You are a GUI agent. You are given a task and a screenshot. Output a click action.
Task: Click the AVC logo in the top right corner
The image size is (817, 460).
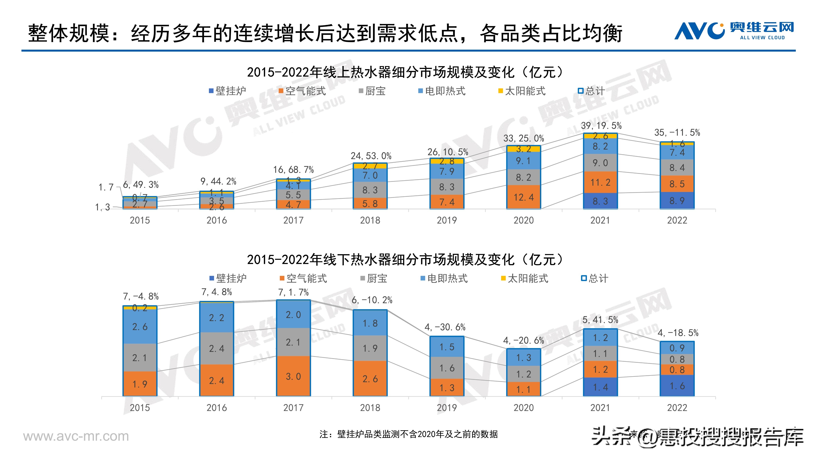tap(734, 31)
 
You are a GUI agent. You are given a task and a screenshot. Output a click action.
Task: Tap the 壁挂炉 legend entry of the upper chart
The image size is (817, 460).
tap(227, 91)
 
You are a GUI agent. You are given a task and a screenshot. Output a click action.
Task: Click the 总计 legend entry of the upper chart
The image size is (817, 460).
tap(591, 91)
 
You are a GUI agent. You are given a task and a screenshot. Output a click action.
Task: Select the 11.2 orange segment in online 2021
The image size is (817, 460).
tap(600, 182)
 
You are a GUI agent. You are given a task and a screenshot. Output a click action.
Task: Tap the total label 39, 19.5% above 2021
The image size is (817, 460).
tap(601, 126)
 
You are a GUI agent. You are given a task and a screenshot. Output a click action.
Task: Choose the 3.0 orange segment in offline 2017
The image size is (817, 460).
tap(293, 376)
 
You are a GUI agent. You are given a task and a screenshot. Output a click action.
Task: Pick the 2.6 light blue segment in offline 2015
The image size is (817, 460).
tap(140, 327)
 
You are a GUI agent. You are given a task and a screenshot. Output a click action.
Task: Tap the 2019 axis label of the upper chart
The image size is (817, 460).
tap(447, 220)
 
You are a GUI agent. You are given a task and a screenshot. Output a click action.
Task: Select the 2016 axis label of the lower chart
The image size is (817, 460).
tap(217, 408)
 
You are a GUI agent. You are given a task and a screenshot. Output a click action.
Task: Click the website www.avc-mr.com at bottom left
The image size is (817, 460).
tap(76, 436)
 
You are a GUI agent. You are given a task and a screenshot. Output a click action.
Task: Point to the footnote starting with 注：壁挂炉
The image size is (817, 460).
tap(408, 434)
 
